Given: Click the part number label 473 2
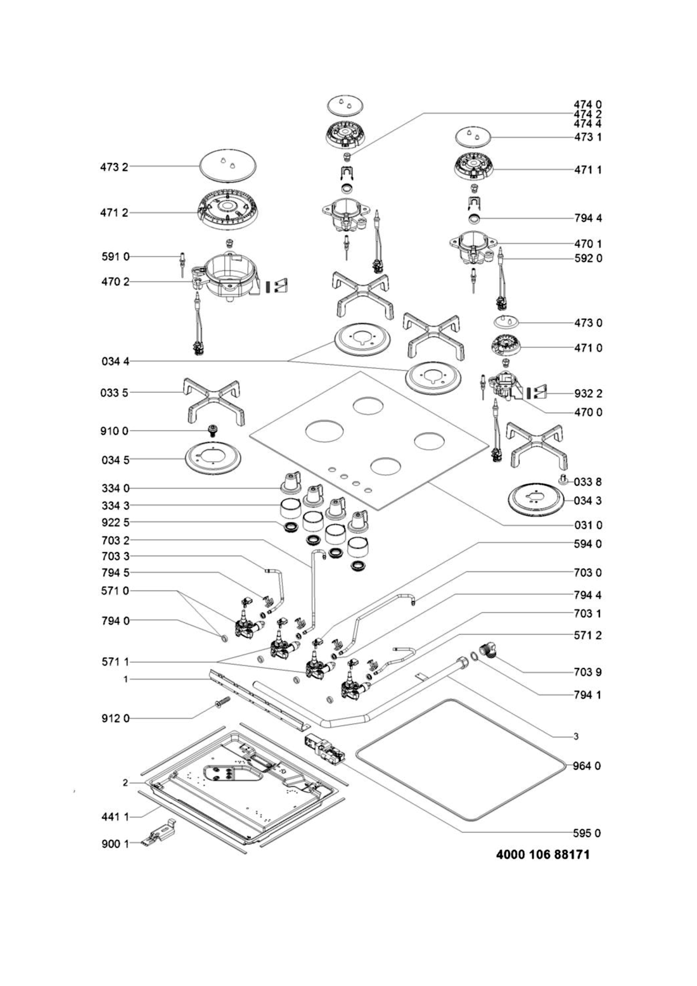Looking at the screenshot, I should click(114, 167).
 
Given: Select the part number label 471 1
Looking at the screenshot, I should click(588, 170).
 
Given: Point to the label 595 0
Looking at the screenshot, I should click(588, 833).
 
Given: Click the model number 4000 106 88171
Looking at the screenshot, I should click(542, 855).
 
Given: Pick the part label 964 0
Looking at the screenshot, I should click(588, 765).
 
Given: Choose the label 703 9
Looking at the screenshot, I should click(588, 672).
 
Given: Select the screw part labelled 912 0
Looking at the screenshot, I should click(222, 705).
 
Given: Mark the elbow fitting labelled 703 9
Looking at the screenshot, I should click(490, 652).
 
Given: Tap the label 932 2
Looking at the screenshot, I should click(588, 394).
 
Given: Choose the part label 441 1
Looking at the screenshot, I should click(114, 817).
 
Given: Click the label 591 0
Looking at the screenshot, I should click(115, 257).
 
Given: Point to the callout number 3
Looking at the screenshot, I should click(575, 736).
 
